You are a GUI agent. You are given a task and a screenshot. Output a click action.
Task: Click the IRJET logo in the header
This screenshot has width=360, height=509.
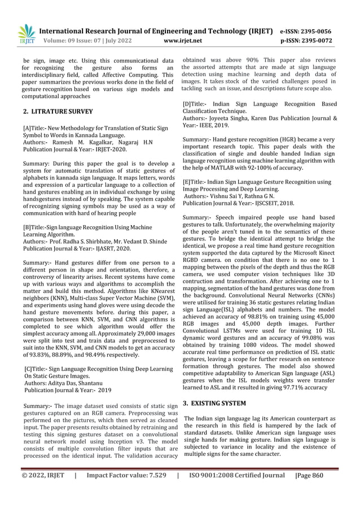26,35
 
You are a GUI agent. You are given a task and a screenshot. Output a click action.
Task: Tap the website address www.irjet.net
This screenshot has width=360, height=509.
180,41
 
